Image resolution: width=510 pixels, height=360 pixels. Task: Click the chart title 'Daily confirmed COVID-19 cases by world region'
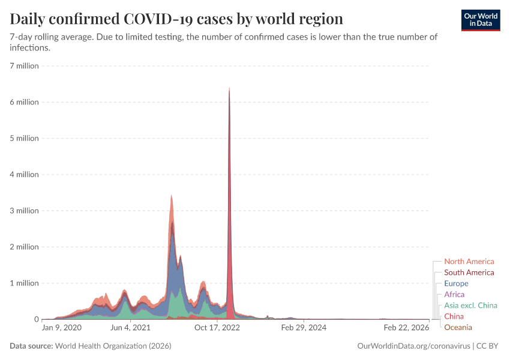[x=176, y=19]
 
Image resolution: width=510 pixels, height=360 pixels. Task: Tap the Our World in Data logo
[x=481, y=20]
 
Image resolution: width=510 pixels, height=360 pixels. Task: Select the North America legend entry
[x=469, y=262]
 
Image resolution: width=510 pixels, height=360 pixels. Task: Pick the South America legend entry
[x=469, y=272]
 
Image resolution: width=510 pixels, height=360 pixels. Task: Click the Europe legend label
[x=456, y=283]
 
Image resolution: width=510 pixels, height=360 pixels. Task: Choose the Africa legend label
[x=454, y=295]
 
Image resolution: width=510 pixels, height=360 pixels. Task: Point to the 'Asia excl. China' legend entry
[x=470, y=305]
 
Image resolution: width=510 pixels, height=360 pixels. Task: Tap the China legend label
[x=454, y=316]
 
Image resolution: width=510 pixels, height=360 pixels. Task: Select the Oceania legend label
[x=458, y=327]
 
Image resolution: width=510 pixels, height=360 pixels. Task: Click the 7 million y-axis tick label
[x=24, y=65]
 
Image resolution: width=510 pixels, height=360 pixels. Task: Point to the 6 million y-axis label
[x=24, y=102]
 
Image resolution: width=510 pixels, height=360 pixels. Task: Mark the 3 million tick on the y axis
[x=24, y=211]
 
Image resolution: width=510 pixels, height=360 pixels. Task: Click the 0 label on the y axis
[x=36, y=319]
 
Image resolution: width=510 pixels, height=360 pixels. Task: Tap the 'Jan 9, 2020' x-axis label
[x=61, y=328]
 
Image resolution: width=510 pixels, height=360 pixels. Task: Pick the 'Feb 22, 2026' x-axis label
[x=407, y=328]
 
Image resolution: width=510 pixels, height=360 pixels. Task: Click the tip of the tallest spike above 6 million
[x=229, y=89]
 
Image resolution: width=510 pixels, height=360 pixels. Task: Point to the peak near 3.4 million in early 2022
[x=172, y=196]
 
